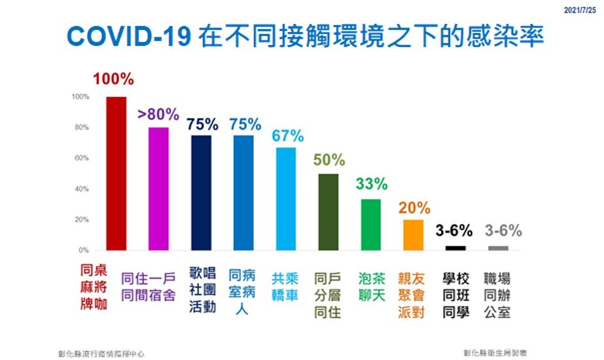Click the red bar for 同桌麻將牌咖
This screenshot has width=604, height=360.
pos(116,173)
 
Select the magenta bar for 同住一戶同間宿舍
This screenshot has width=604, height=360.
pos(158,189)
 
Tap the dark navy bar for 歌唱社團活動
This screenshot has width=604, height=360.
pos(201,192)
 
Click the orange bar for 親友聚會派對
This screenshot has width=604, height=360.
pos(414,235)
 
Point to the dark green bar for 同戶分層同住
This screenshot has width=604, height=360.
pos(329,212)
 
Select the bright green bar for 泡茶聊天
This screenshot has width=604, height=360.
pos(371,224)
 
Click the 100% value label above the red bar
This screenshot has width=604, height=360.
pos(114,80)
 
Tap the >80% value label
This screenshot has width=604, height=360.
pos(158,114)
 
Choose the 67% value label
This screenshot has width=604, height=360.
pos(287,136)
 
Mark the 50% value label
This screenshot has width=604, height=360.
pos(329,160)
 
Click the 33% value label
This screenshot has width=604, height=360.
pos(371,184)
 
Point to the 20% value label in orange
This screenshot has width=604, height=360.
pos(414,208)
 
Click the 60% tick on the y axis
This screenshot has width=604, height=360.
pos(81,158)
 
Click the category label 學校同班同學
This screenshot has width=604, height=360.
pos(456,296)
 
